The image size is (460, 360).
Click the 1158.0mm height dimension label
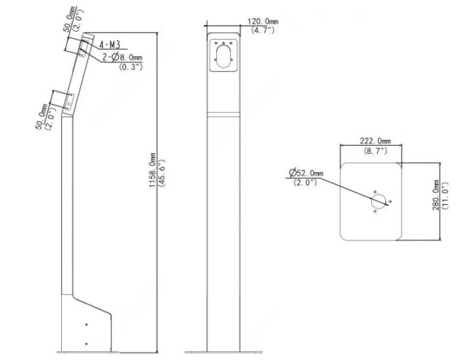[x=152, y=170]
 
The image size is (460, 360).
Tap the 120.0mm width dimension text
[x=263, y=22]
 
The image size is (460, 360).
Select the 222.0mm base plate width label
[x=375, y=141]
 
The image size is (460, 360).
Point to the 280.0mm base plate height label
[x=436, y=195]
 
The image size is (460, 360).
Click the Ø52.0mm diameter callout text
[x=306, y=173]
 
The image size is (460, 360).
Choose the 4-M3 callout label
[x=110, y=45]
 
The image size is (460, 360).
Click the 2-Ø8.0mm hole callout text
[x=122, y=56]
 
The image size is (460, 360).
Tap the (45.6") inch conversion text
[x=162, y=173]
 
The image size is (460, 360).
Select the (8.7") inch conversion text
[x=375, y=151]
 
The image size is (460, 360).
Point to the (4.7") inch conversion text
[x=263, y=30]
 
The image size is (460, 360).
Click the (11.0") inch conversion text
[x=445, y=196]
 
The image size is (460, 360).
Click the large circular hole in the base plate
[x=379, y=201]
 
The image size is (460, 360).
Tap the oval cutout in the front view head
[x=223, y=56]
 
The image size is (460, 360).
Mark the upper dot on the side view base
[x=86, y=325]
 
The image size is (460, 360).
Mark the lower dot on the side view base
[x=86, y=344]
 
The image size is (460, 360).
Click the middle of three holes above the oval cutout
[x=223, y=43]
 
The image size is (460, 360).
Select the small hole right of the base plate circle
[x=390, y=202]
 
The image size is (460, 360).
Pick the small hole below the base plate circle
[x=375, y=211]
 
